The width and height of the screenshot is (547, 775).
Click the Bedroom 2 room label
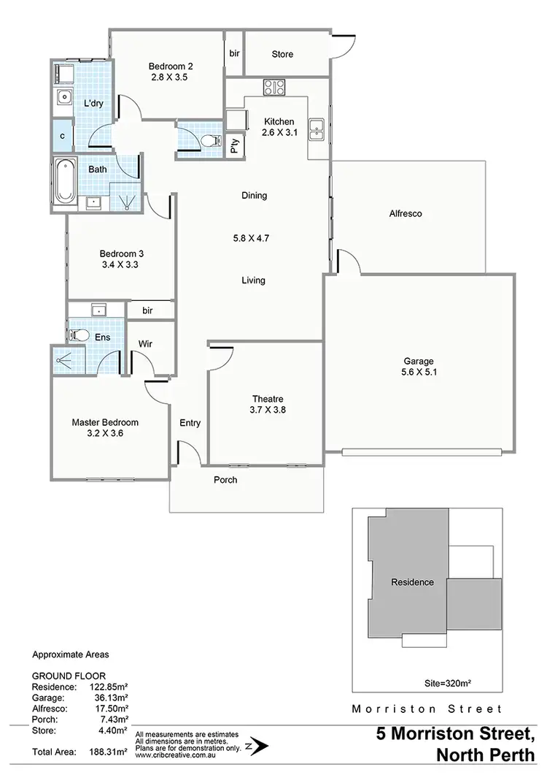(x=166, y=64)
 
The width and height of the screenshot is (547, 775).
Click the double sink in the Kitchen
(x=317, y=129)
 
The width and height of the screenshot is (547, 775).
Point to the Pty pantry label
(x=234, y=145)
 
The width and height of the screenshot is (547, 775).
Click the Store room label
(x=282, y=54)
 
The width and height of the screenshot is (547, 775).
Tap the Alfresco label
(x=406, y=214)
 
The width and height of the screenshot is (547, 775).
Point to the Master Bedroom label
(x=105, y=422)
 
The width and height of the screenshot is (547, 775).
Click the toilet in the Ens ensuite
(x=78, y=335)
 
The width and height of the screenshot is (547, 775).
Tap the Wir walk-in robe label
(x=144, y=343)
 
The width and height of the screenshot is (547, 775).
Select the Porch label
(x=225, y=480)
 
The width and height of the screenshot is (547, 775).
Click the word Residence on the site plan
(x=413, y=582)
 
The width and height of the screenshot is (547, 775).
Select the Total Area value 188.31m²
(x=108, y=752)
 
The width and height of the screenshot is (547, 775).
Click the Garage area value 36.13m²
(x=109, y=698)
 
